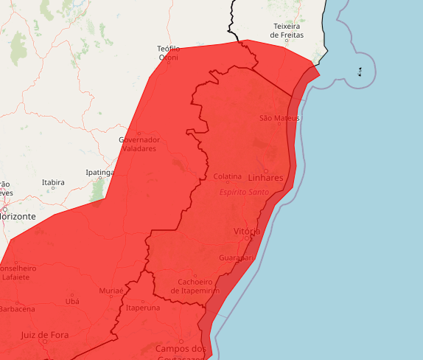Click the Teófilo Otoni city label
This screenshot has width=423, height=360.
pos(169,53)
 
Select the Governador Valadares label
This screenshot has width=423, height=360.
pos(139,144)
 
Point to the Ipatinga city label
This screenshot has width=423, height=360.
pos(99,173)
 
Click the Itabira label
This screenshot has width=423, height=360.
pos(53,182)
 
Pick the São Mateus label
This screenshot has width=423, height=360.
pos(280,118)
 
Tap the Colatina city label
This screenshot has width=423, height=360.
pos(228,177)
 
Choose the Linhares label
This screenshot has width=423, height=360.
pos(265,178)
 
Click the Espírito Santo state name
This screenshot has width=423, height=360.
pos(244,192)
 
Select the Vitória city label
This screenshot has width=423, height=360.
pos(246,232)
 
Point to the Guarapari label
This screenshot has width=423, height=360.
pos(236,258)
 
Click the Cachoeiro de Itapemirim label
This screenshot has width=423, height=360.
pos(195,286)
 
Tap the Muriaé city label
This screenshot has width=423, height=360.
pos(111,291)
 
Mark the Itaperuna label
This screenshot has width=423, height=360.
pos(143,308)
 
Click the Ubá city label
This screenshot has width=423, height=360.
pos(72,301)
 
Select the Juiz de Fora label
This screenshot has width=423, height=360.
pos(45,334)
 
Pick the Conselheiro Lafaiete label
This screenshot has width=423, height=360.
pos(18,272)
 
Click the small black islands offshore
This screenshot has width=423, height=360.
pos(360,72)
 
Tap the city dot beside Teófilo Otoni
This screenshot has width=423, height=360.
pos(169,62)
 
